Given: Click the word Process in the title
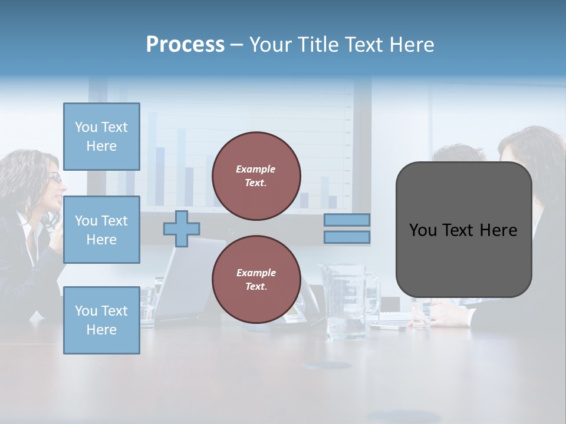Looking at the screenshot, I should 185,44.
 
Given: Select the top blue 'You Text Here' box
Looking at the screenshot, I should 101,137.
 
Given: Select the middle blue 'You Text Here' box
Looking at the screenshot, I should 101,230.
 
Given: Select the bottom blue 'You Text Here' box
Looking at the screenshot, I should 101,320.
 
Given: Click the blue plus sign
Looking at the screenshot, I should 182,228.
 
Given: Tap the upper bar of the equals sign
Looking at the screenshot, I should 347,220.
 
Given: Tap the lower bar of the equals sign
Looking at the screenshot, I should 347,237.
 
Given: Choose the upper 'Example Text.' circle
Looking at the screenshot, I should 256,176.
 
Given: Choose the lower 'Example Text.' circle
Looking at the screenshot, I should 256,279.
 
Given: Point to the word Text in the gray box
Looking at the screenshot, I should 463,230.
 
